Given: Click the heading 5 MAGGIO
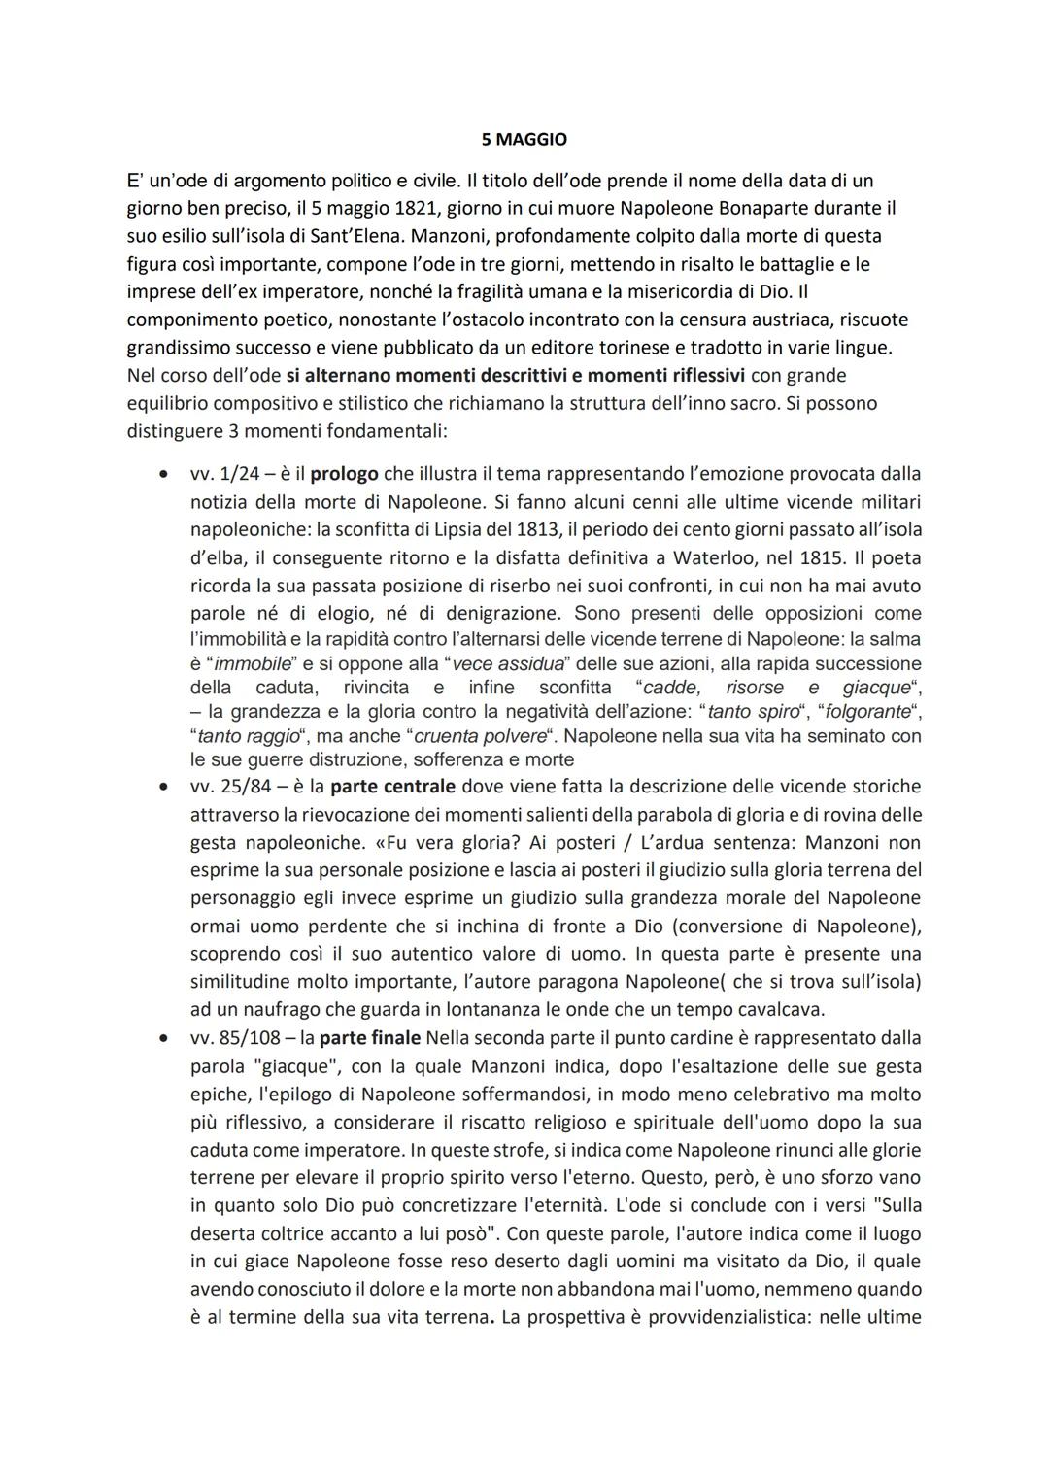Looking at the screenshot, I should [524, 140].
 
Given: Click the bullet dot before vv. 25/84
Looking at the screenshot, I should [162, 786].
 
